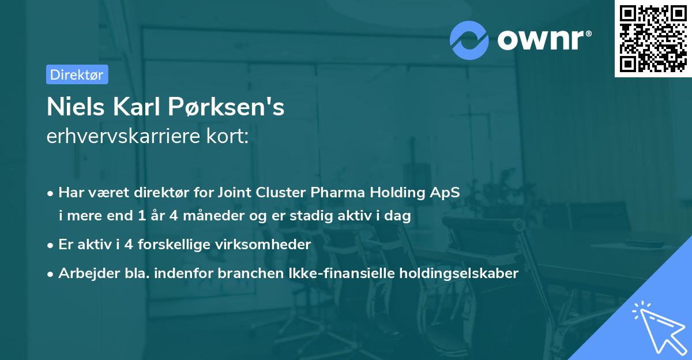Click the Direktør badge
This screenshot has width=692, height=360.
pyautogui.click(x=77, y=74)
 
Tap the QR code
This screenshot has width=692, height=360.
pyautogui.click(x=653, y=38)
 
